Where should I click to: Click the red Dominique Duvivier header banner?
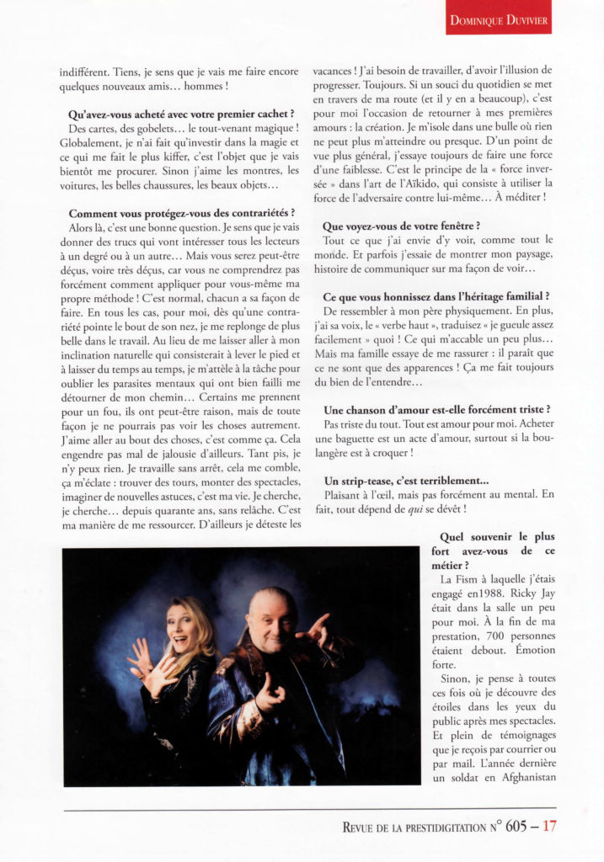(x=499, y=18)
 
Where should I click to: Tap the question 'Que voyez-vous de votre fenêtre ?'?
(x=401, y=225)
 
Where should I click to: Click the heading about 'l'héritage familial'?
(x=436, y=295)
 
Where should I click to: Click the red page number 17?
(x=549, y=826)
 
